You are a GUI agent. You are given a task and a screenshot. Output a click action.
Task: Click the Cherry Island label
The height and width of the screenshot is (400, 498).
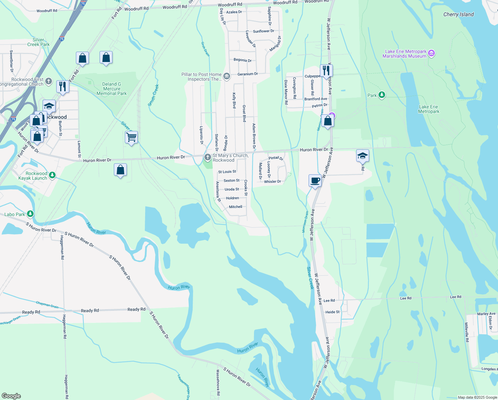[458, 14]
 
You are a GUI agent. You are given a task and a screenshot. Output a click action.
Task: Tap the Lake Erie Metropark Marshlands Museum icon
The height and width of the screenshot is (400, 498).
[431, 53]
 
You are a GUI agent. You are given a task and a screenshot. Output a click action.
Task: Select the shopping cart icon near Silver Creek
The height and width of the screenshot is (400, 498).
[131, 137]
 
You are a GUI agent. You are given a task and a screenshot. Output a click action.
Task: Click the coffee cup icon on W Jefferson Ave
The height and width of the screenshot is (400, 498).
[315, 181]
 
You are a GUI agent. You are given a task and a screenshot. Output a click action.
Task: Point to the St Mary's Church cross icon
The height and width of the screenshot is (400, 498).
[208, 157]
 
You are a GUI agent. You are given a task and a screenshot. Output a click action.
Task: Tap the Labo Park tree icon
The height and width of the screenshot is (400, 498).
[30, 214]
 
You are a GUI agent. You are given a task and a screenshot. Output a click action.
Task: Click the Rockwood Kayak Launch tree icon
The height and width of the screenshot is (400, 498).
[52, 175]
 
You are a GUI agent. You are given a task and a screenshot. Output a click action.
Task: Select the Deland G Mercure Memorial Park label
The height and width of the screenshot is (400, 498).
[112, 89]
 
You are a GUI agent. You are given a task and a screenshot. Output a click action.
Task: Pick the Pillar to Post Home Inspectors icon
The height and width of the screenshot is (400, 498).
[227, 76]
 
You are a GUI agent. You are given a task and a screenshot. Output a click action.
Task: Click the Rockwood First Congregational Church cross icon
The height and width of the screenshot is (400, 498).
[49, 81]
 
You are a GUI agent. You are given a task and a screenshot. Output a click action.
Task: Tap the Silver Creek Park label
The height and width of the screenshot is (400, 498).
[38, 42]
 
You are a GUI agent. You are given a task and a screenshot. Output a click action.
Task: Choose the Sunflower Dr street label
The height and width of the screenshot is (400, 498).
[263, 31]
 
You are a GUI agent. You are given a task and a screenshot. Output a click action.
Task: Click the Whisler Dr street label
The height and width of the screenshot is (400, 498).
[272, 182]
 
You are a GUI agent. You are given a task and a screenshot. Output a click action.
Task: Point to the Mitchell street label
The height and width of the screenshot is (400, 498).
[235, 207]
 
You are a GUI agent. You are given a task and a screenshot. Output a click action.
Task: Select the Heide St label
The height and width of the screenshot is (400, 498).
[332, 312]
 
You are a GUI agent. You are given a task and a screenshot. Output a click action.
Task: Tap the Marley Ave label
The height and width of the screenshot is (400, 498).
[486, 314]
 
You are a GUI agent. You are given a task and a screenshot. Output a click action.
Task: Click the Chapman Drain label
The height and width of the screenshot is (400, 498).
[47, 305]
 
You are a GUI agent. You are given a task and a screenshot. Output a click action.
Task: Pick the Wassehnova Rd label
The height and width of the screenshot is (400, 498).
[218, 382]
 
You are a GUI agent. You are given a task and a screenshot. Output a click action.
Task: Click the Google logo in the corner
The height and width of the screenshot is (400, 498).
[11, 396]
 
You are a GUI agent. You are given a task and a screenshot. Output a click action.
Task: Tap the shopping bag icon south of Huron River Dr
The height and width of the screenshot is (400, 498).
[120, 170]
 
